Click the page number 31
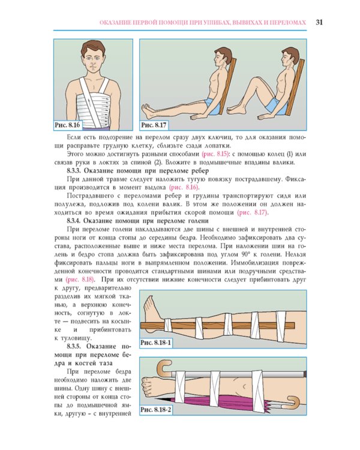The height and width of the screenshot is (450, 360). [x=319, y=22]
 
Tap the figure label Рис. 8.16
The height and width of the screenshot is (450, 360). [x=67, y=125]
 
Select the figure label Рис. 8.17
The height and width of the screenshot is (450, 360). [x=154, y=125]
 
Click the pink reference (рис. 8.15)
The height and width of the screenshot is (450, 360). [x=215, y=154]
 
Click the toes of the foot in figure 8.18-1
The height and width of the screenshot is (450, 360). [x=148, y=302]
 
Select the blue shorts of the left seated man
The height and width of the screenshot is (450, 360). [x=213, y=104]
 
